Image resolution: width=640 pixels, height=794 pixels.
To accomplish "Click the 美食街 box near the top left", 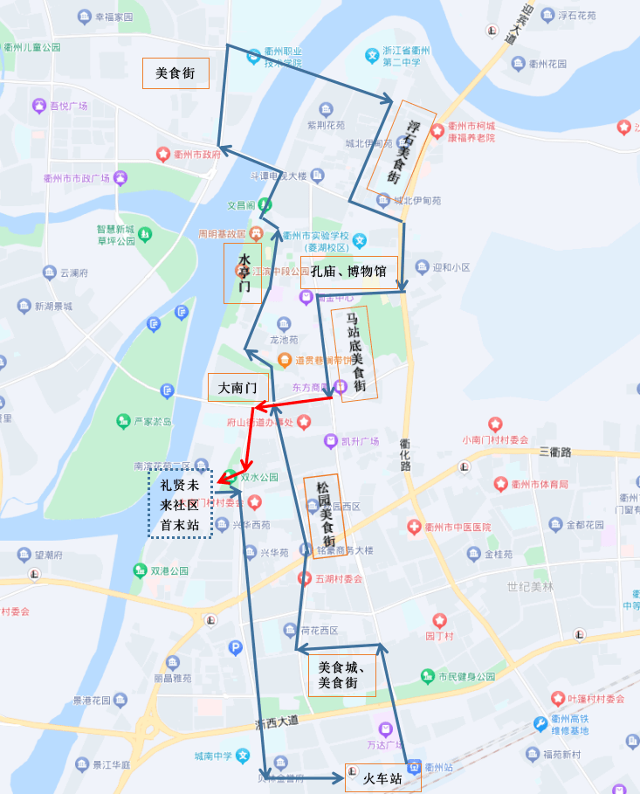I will click(175, 73).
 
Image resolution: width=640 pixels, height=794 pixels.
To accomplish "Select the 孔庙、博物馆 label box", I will click(349, 272).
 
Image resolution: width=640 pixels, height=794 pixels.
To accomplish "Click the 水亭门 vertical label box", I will click(243, 273).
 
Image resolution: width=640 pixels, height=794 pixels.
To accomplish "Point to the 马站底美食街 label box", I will click(354, 353).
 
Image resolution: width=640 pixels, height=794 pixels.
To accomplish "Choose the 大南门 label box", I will click(237, 387).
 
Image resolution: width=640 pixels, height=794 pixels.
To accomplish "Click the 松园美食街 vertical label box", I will click(323, 516).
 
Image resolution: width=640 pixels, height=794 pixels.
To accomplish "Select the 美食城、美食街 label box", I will click(341, 675).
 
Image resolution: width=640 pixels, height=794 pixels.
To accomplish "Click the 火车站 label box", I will click(383, 777).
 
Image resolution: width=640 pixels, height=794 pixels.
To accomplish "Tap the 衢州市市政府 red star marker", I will click(162, 155).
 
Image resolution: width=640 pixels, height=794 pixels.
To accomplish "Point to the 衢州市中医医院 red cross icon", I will click(415, 528).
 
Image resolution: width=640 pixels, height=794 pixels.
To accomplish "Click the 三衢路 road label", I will click(554, 452).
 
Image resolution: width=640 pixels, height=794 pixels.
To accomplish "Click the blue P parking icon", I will click(235, 647).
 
